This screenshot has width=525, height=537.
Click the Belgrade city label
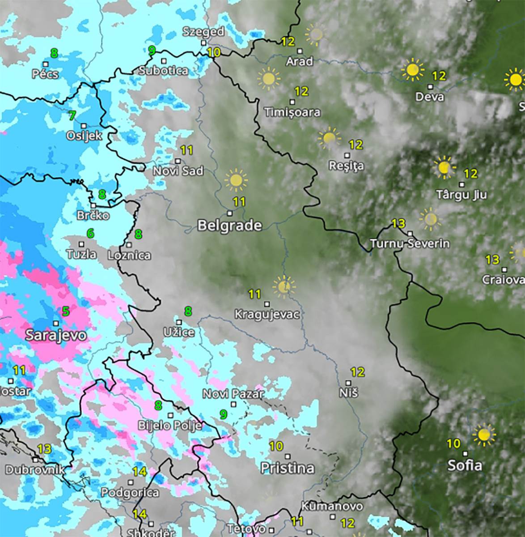click(x=229, y=226)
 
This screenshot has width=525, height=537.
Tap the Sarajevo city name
click(x=56, y=335)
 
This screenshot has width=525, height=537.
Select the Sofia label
click(x=465, y=465)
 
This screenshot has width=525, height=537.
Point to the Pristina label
click(x=288, y=468)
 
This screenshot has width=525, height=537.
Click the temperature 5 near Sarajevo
click(x=66, y=311)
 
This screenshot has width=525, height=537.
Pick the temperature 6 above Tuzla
click(x=91, y=233)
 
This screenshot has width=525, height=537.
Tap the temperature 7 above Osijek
click(x=72, y=115)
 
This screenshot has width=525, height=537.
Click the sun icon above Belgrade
click(x=236, y=180)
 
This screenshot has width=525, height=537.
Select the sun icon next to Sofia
click(x=484, y=435)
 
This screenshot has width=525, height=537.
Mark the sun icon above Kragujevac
click(x=284, y=286)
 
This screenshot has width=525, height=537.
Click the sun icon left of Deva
click(x=412, y=70)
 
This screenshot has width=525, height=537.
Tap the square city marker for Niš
click(x=349, y=383)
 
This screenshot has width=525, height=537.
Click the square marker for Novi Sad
click(x=178, y=161)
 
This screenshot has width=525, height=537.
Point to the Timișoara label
click(x=292, y=112)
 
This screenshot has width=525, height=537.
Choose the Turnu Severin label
click(x=410, y=244)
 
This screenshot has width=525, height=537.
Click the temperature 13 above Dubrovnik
click(x=45, y=448)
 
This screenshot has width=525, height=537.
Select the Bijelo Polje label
click(x=170, y=425)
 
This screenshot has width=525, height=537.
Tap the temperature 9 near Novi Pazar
click(x=223, y=414)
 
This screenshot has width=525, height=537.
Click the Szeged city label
click(x=203, y=32)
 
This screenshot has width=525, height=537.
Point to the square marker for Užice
click(x=179, y=322)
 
